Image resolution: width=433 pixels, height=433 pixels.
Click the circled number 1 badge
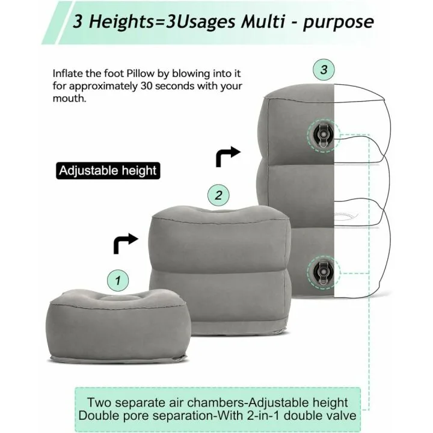[x=118, y=280]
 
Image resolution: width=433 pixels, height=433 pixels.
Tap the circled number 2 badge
[x=219, y=195]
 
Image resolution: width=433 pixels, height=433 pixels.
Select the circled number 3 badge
[x=324, y=69]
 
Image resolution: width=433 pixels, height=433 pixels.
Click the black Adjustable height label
[x=108, y=170]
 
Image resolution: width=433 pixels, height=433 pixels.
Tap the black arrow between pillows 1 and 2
[x=126, y=242]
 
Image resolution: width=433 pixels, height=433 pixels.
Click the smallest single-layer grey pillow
[x=118, y=325]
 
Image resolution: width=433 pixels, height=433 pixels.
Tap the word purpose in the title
[x=339, y=22]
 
